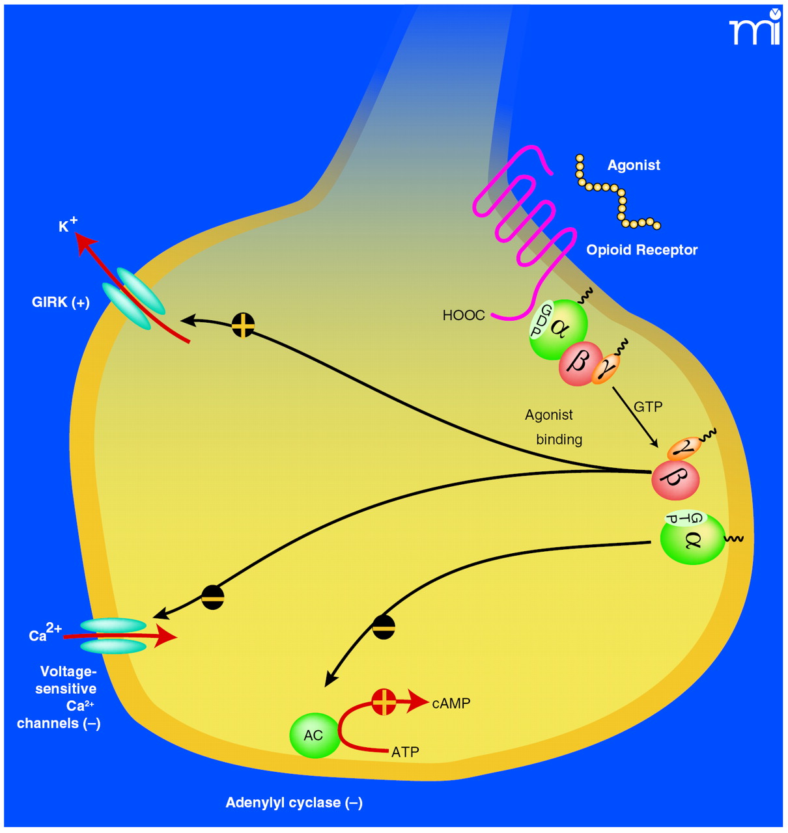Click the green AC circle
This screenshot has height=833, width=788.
pyautogui.click(x=314, y=735)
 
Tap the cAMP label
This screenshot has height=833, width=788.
pyautogui.click(x=451, y=703)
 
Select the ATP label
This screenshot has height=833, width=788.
pyautogui.click(x=405, y=752)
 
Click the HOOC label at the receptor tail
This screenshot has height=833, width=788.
pyautogui.click(x=464, y=316)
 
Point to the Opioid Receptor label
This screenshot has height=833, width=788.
pyautogui.click(x=641, y=250)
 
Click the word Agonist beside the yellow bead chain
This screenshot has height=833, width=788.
pyautogui.click(x=634, y=165)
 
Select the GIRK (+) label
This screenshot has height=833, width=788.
pyautogui.click(x=61, y=302)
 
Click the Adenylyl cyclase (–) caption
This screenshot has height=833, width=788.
pyautogui.click(x=294, y=802)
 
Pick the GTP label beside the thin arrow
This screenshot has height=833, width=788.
pyautogui.click(x=648, y=407)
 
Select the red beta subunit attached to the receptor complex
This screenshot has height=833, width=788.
pyautogui.click(x=579, y=363)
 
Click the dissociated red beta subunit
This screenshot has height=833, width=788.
pyautogui.click(x=675, y=480)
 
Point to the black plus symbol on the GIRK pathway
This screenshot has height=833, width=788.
pyautogui.click(x=243, y=325)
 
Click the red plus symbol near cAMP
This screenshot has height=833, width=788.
pyautogui.click(x=384, y=702)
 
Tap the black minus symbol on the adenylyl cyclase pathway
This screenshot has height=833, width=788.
pyautogui.click(x=384, y=627)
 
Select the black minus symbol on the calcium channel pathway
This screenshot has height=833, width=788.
pyautogui.click(x=213, y=597)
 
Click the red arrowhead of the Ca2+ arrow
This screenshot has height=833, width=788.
pyautogui.click(x=167, y=636)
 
